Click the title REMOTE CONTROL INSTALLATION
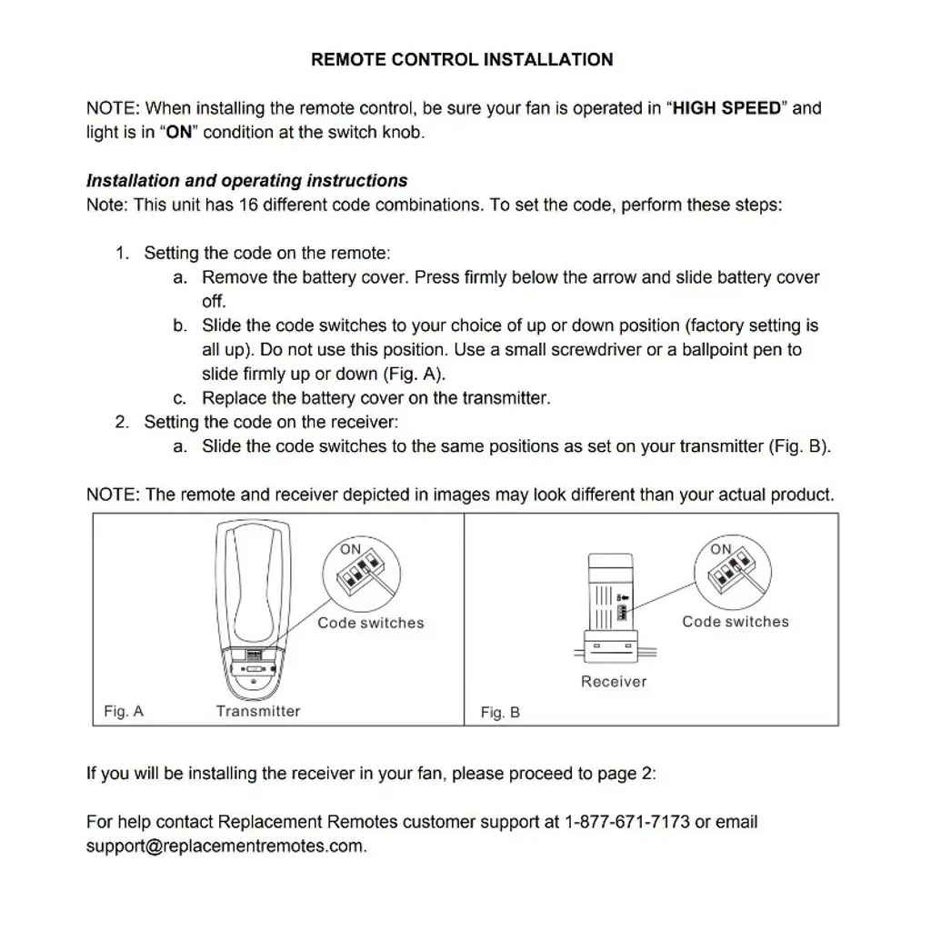(462, 60)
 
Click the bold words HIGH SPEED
(726, 108)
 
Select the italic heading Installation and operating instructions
(246, 180)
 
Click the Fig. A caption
(124, 711)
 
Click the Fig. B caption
(500, 713)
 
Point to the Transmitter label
(258, 711)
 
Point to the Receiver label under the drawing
(614, 681)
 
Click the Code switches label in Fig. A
(371, 623)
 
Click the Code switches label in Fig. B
(736, 622)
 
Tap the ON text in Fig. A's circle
(351, 549)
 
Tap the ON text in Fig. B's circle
(721, 549)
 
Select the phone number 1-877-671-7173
(627, 822)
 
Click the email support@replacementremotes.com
(226, 846)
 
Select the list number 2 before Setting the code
(122, 422)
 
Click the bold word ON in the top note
(178, 132)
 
